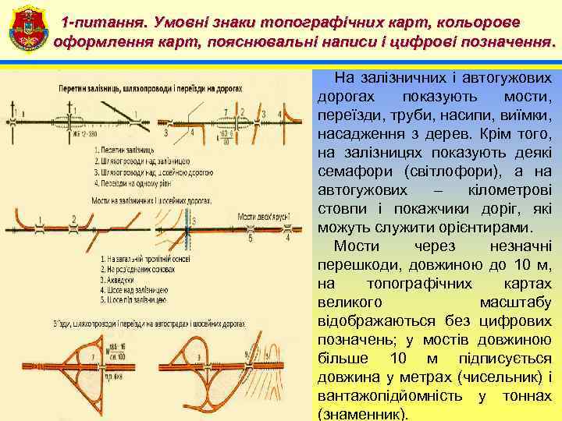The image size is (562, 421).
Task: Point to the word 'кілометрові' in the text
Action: pos(511,190)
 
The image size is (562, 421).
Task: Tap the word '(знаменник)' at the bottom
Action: pos(363,414)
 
